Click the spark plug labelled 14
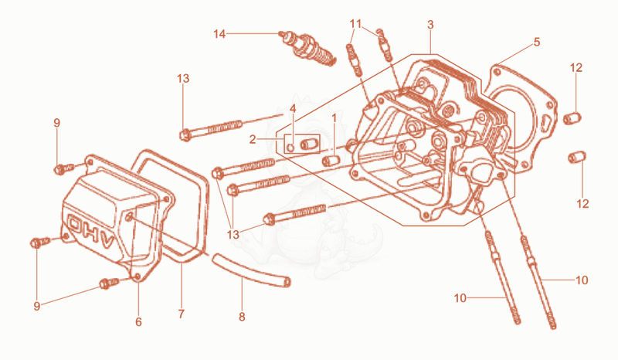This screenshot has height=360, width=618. [x=307, y=49]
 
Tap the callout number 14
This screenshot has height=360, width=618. [x=219, y=34]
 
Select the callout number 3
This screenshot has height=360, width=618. [x=430, y=25]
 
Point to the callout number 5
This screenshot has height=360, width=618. [x=537, y=42]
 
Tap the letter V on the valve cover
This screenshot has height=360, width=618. [x=107, y=240]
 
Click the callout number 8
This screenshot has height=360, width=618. [x=242, y=317]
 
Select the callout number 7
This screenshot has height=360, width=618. [x=181, y=314]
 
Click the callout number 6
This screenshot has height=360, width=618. [x=138, y=322]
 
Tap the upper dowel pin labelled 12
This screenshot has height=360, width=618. [x=572, y=118]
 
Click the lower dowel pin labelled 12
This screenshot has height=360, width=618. [x=577, y=157]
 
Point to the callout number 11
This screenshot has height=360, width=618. [x=355, y=24]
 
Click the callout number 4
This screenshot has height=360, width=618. [x=293, y=108]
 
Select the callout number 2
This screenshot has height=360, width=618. [x=253, y=139]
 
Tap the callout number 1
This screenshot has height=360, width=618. [x=334, y=118]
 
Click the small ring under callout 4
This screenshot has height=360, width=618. [x=291, y=148]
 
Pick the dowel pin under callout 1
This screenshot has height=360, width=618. [x=331, y=161]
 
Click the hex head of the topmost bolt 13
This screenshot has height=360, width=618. [x=185, y=135]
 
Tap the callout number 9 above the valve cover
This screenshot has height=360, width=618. [x=56, y=123]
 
